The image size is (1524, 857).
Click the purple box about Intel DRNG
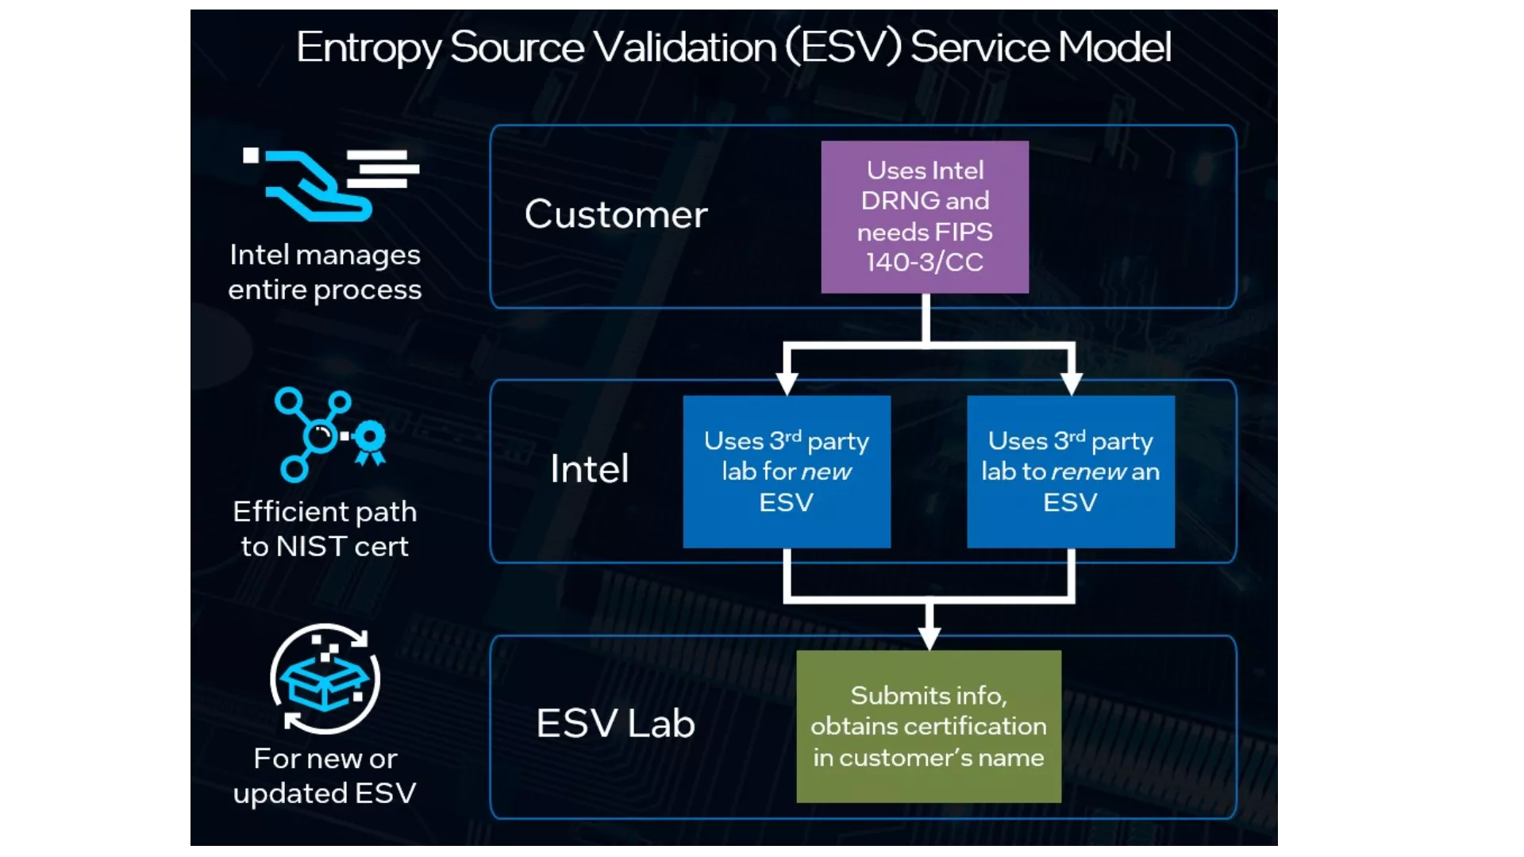(x=925, y=217)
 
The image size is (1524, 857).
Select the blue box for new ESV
(x=787, y=471)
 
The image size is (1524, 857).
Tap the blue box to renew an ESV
(x=1071, y=471)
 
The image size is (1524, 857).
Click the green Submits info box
(x=929, y=726)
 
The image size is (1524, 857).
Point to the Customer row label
(x=616, y=214)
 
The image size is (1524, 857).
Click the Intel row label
(x=590, y=469)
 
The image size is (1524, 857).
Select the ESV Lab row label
(x=616, y=724)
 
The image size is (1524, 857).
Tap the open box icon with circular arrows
(x=325, y=678)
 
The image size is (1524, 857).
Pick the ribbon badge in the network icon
(x=370, y=441)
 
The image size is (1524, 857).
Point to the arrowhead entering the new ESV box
(x=787, y=383)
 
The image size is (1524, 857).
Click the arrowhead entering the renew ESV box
(x=1072, y=383)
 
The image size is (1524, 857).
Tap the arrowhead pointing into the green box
(x=929, y=638)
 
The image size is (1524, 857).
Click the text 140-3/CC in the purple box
(x=925, y=263)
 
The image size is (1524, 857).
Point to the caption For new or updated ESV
(x=325, y=776)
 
